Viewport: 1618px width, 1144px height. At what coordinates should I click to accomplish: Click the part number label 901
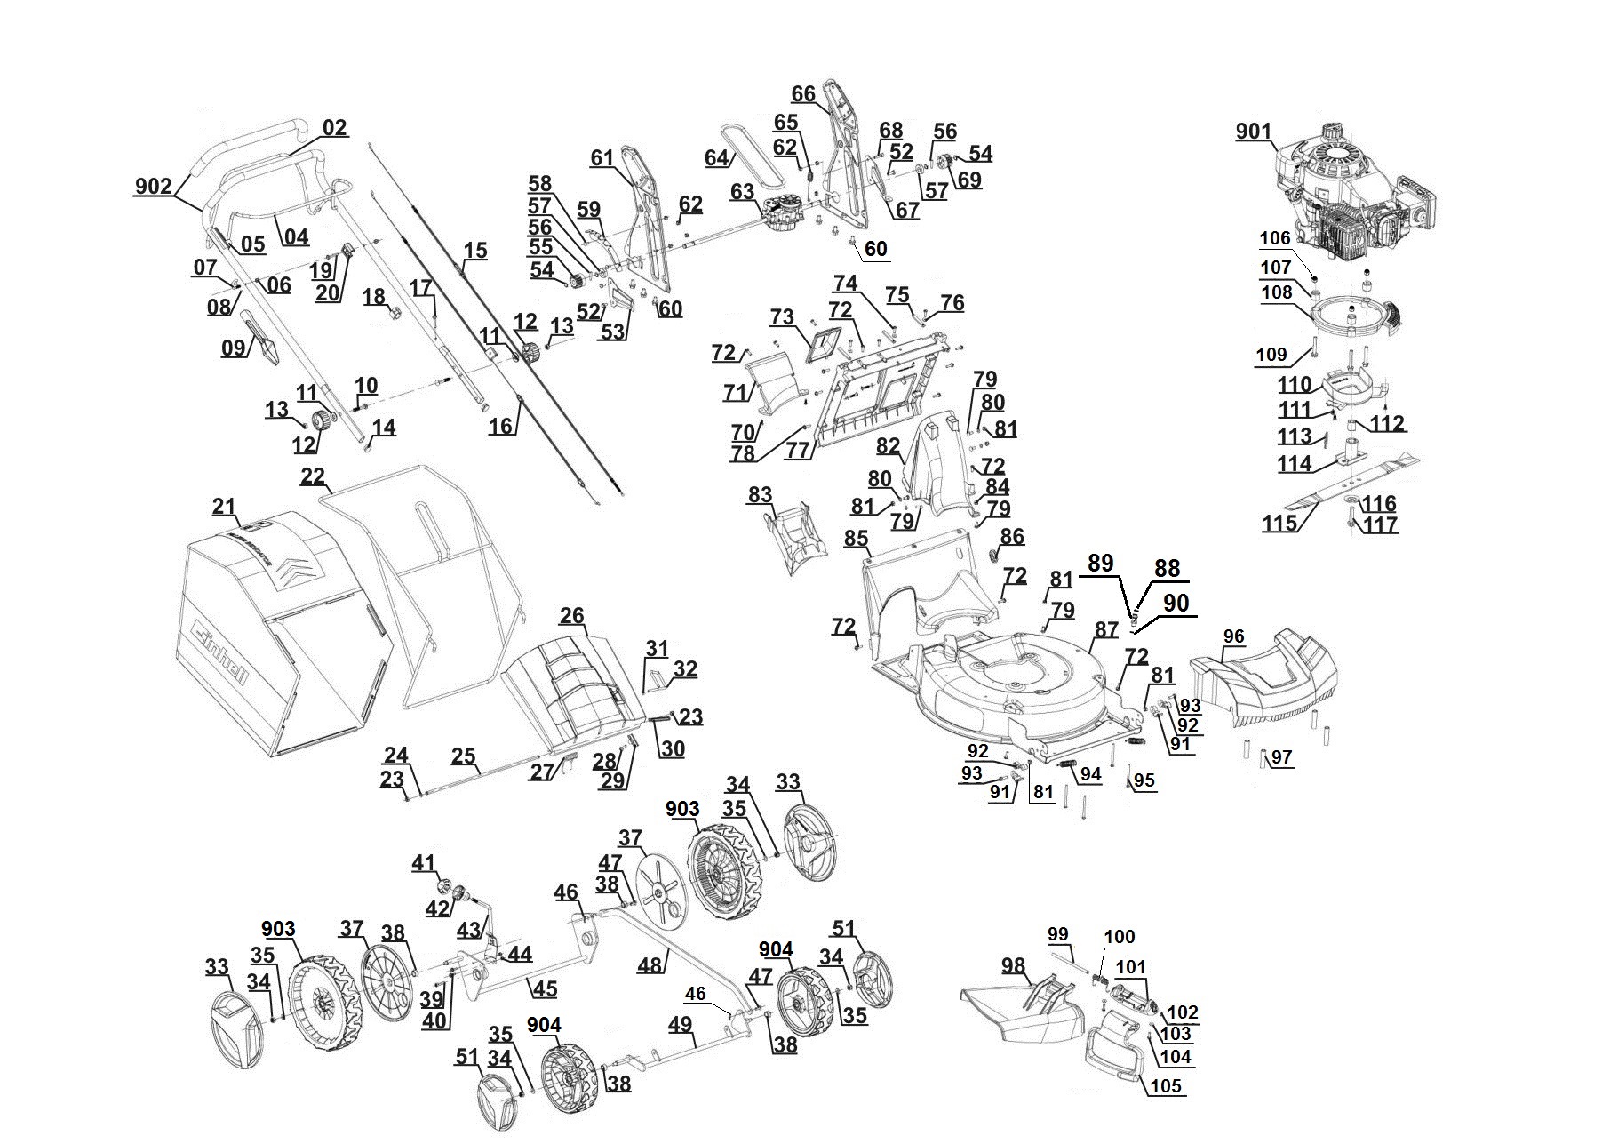[1253, 132]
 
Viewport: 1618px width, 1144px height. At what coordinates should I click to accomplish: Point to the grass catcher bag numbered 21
[275, 640]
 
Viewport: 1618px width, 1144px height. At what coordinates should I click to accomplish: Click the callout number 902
[153, 187]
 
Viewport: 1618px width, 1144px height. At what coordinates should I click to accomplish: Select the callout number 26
[572, 615]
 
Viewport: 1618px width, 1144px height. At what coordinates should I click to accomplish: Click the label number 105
[1166, 1085]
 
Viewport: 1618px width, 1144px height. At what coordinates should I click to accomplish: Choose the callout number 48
[650, 964]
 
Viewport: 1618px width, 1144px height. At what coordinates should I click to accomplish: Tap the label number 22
[313, 476]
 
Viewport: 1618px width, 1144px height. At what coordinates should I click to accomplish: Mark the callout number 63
[742, 191]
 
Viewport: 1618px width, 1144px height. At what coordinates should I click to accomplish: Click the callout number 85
[856, 539]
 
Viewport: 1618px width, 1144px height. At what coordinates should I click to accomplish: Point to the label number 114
[1295, 463]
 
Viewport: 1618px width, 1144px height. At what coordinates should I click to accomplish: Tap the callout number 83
[760, 495]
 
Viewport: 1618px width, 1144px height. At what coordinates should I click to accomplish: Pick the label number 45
[544, 988]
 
